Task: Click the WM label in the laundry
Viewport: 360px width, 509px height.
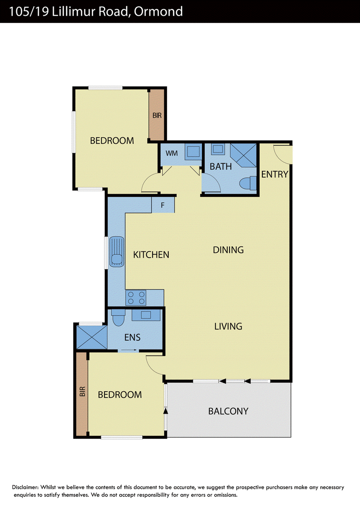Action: coord(171,153)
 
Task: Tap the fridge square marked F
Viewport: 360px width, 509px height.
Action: coord(163,205)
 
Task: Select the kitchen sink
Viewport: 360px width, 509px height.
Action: coord(117,252)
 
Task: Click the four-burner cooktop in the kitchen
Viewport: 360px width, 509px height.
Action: coord(136,298)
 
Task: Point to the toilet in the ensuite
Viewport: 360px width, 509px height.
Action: coord(118,317)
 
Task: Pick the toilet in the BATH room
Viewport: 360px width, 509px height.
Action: coord(248,183)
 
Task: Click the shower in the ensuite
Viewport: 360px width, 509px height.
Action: coord(92,337)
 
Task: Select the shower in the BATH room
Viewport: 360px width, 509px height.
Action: coord(243,155)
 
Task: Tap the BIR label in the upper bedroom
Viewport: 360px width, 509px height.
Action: coord(157,115)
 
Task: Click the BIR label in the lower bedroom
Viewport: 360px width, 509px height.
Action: coord(82,392)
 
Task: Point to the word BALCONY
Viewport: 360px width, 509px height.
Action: coord(228,411)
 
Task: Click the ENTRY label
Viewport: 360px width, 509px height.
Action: coord(274,174)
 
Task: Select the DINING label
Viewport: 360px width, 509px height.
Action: coord(228,250)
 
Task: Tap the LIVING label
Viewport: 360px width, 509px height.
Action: coord(228,326)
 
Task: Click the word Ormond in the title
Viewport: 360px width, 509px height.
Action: coord(158,11)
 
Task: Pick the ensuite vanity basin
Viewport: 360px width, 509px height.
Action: coord(146,315)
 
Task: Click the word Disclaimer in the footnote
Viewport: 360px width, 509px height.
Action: coord(25,487)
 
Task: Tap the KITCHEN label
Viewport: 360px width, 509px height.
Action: coord(151,254)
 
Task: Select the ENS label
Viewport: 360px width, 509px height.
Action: coord(132,337)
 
